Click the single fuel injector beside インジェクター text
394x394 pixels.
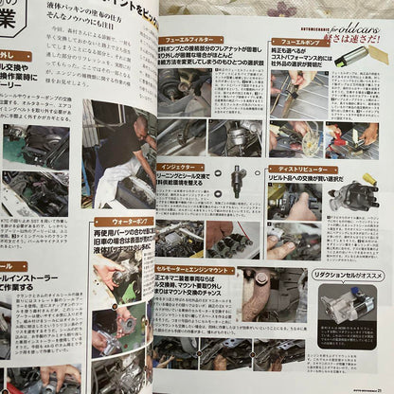pyautogui.click(x=237, y=180)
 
